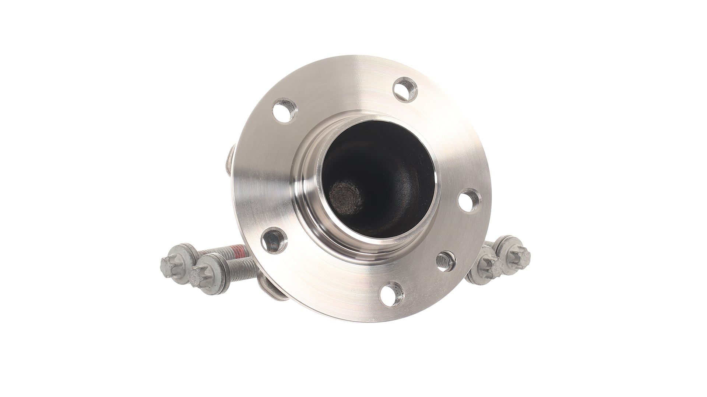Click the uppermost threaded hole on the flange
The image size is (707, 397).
tap(405, 88)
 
